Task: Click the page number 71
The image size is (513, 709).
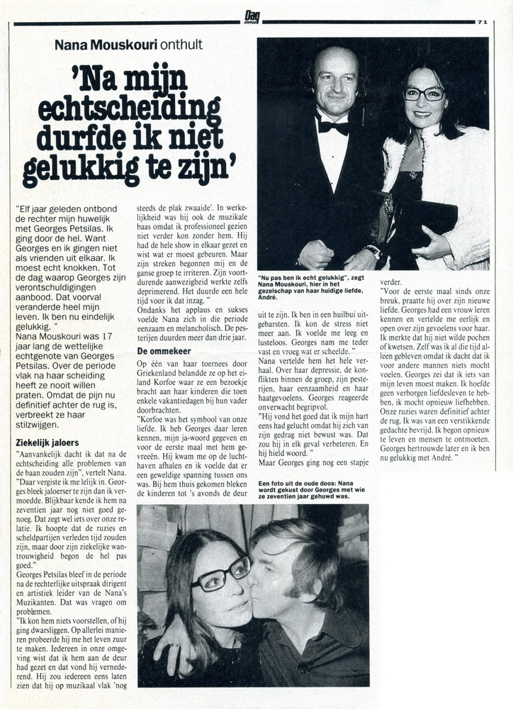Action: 483,22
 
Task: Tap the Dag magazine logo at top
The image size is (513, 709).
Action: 252,16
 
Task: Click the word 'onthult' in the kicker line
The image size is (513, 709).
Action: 181,45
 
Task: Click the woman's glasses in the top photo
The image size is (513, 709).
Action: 423,93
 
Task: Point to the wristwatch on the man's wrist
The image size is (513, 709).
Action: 372,251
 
